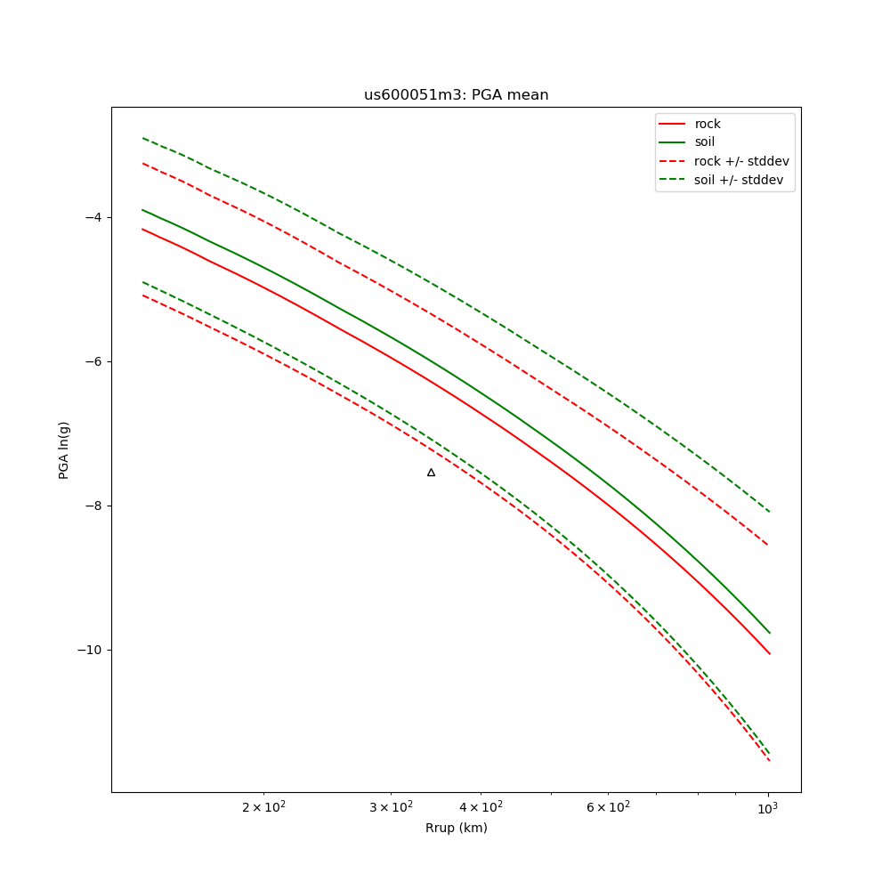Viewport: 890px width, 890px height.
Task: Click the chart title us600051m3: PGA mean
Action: [456, 95]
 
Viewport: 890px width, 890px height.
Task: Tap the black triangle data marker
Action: [431, 473]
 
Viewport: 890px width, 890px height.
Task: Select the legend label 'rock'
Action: [708, 124]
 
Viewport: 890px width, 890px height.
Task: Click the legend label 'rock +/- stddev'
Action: [741, 161]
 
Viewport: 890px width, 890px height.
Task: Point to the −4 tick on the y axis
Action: [93, 217]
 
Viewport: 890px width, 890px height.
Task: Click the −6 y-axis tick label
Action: [93, 361]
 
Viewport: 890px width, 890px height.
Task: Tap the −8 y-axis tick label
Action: [93, 506]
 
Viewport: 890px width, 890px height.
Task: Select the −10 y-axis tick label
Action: [89, 650]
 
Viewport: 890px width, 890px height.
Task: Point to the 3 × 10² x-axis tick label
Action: [391, 806]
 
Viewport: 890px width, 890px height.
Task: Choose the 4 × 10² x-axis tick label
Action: [481, 806]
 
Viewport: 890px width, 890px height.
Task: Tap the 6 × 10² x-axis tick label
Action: [608, 806]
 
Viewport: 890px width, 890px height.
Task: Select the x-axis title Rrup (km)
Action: [456, 828]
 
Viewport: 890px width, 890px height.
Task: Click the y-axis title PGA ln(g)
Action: [64, 450]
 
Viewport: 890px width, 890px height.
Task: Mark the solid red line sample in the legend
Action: [673, 124]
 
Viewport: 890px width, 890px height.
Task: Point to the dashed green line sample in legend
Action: [673, 180]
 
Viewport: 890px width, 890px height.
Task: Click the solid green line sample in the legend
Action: [673, 142]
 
